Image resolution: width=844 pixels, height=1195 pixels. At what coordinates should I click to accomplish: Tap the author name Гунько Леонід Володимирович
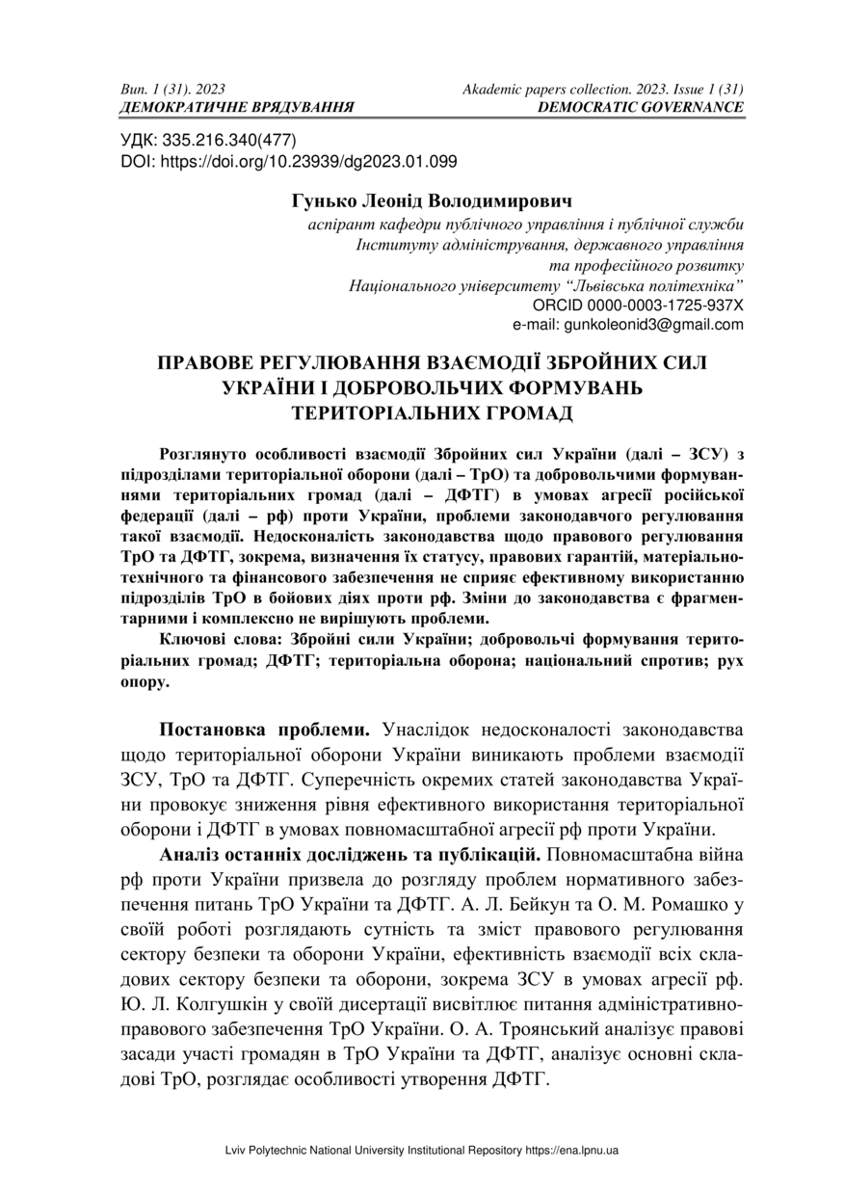[431, 202]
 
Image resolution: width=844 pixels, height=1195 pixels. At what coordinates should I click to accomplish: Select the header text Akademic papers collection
[543, 89]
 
